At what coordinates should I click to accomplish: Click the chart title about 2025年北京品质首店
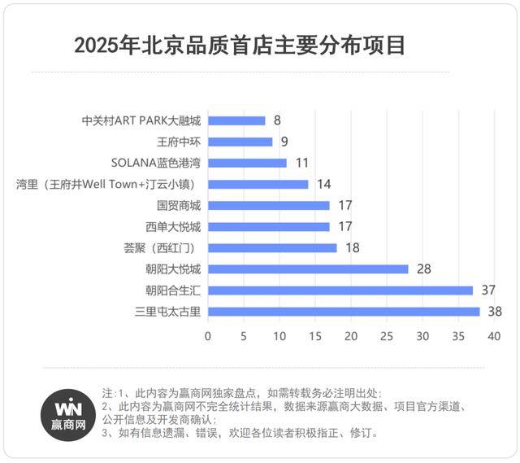[239, 46]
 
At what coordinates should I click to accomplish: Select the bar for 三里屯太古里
[344, 312]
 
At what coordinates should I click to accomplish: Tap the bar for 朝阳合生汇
[340, 290]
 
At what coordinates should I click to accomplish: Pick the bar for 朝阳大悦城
[308, 269]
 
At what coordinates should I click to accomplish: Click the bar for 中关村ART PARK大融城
[236, 120]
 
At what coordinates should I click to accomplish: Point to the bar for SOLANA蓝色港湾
[247, 163]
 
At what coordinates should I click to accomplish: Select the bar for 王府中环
[240, 142]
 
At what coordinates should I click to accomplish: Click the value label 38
[494, 312]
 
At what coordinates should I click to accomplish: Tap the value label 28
[422, 269]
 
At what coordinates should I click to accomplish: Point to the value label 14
[323, 184]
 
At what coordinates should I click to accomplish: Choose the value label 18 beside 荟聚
[351, 247]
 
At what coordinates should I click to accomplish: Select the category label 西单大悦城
[173, 226]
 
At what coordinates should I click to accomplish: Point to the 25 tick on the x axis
[387, 336]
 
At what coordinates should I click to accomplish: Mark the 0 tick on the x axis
[208, 336]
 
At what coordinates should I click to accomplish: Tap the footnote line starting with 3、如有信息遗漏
[240, 434]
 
